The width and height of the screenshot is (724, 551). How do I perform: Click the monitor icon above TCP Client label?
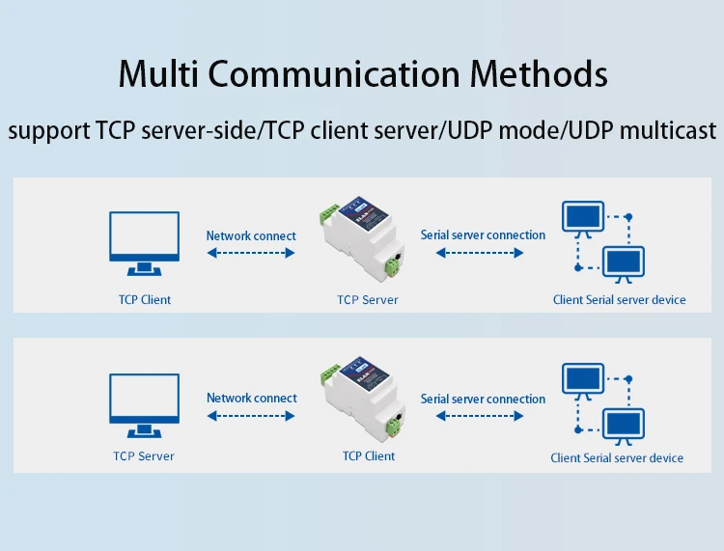(x=143, y=243)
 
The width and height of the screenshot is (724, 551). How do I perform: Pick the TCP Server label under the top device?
(x=367, y=300)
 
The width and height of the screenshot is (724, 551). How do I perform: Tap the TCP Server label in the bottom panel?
(x=143, y=456)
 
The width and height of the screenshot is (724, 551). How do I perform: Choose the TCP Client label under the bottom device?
(x=368, y=456)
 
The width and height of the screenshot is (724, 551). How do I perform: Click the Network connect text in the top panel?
(x=251, y=235)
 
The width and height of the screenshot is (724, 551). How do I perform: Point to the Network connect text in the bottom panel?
(x=251, y=398)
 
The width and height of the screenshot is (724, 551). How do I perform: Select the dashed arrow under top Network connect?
(x=251, y=254)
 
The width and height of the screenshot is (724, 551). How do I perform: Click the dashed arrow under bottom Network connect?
(x=251, y=416)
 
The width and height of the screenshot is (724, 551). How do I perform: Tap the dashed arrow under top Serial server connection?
(x=480, y=254)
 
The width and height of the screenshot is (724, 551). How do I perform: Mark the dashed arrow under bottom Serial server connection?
(x=480, y=416)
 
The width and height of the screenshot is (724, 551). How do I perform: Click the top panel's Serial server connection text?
(x=483, y=235)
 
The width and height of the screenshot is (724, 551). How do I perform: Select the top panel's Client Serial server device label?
(x=619, y=300)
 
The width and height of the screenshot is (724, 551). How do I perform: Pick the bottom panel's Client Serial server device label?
(x=617, y=458)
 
